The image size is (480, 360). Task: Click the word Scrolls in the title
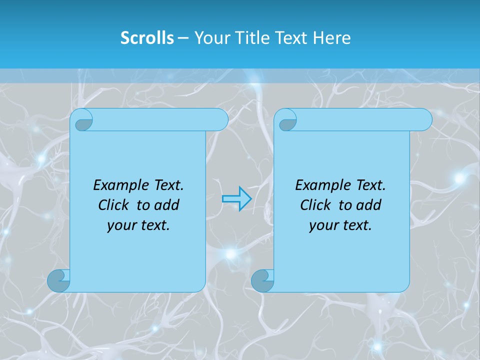point(147,38)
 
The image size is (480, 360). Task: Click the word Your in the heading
point(210,38)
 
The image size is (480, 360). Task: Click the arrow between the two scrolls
point(236,198)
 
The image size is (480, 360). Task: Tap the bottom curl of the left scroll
point(58,280)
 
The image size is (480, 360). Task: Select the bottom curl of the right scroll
point(262,280)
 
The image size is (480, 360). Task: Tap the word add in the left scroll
point(167,205)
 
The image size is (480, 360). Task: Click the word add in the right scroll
point(369,205)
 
